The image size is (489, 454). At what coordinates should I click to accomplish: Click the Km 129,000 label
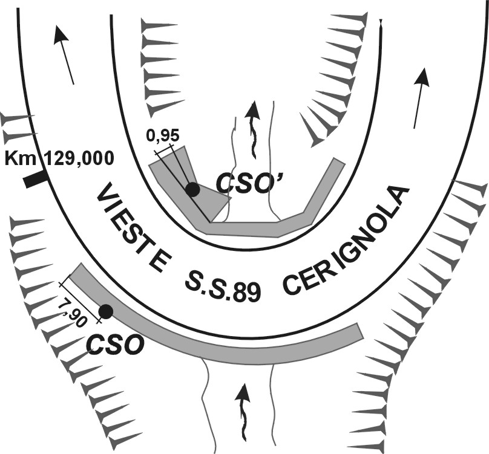tap(59, 158)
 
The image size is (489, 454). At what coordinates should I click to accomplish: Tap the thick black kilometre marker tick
tap(36, 180)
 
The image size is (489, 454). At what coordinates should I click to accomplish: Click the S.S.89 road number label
tap(223, 286)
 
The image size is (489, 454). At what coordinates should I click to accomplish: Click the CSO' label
tap(250, 184)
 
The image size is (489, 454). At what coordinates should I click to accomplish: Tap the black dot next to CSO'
tap(192, 189)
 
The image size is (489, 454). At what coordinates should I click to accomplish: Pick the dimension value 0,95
tap(163, 135)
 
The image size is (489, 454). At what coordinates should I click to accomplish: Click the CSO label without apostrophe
tap(115, 345)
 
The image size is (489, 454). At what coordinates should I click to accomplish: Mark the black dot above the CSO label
tap(105, 311)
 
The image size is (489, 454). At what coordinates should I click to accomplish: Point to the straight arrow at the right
tap(421, 98)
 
